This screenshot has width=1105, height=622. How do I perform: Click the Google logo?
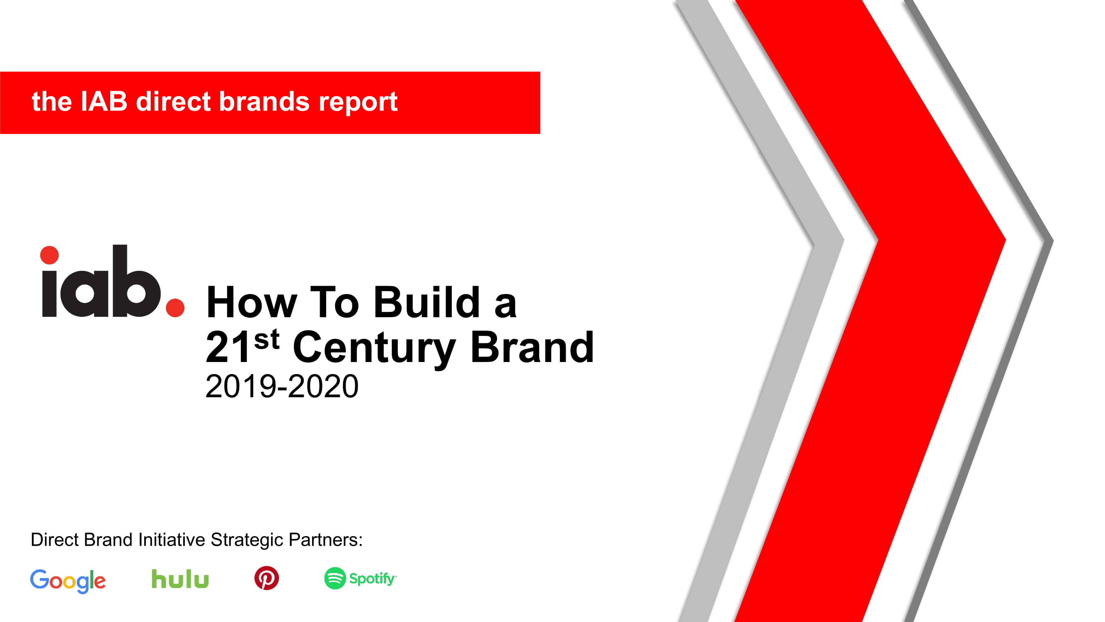pos(68,581)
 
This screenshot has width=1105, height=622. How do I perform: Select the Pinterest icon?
pos(267,578)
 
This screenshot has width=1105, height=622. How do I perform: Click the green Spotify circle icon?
pos(335,578)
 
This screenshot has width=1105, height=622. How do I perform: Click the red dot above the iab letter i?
pos(49,255)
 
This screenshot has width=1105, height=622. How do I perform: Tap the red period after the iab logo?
pos(175,308)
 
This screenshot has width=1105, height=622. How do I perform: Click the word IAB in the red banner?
pos(104,102)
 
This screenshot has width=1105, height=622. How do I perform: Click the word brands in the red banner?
pos(265,102)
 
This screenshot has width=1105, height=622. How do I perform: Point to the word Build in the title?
pos(427,302)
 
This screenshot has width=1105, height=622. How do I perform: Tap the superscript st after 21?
pos(267,340)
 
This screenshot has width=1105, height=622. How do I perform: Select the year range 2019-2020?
pos(282,386)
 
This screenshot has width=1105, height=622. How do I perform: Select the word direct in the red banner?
pos(173,102)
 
